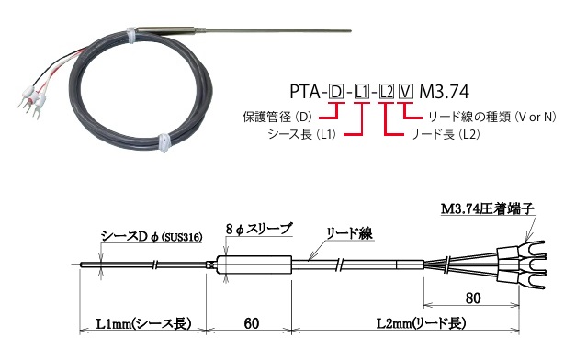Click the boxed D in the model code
(336, 93)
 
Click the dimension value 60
(248, 323)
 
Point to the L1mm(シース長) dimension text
(142, 323)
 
